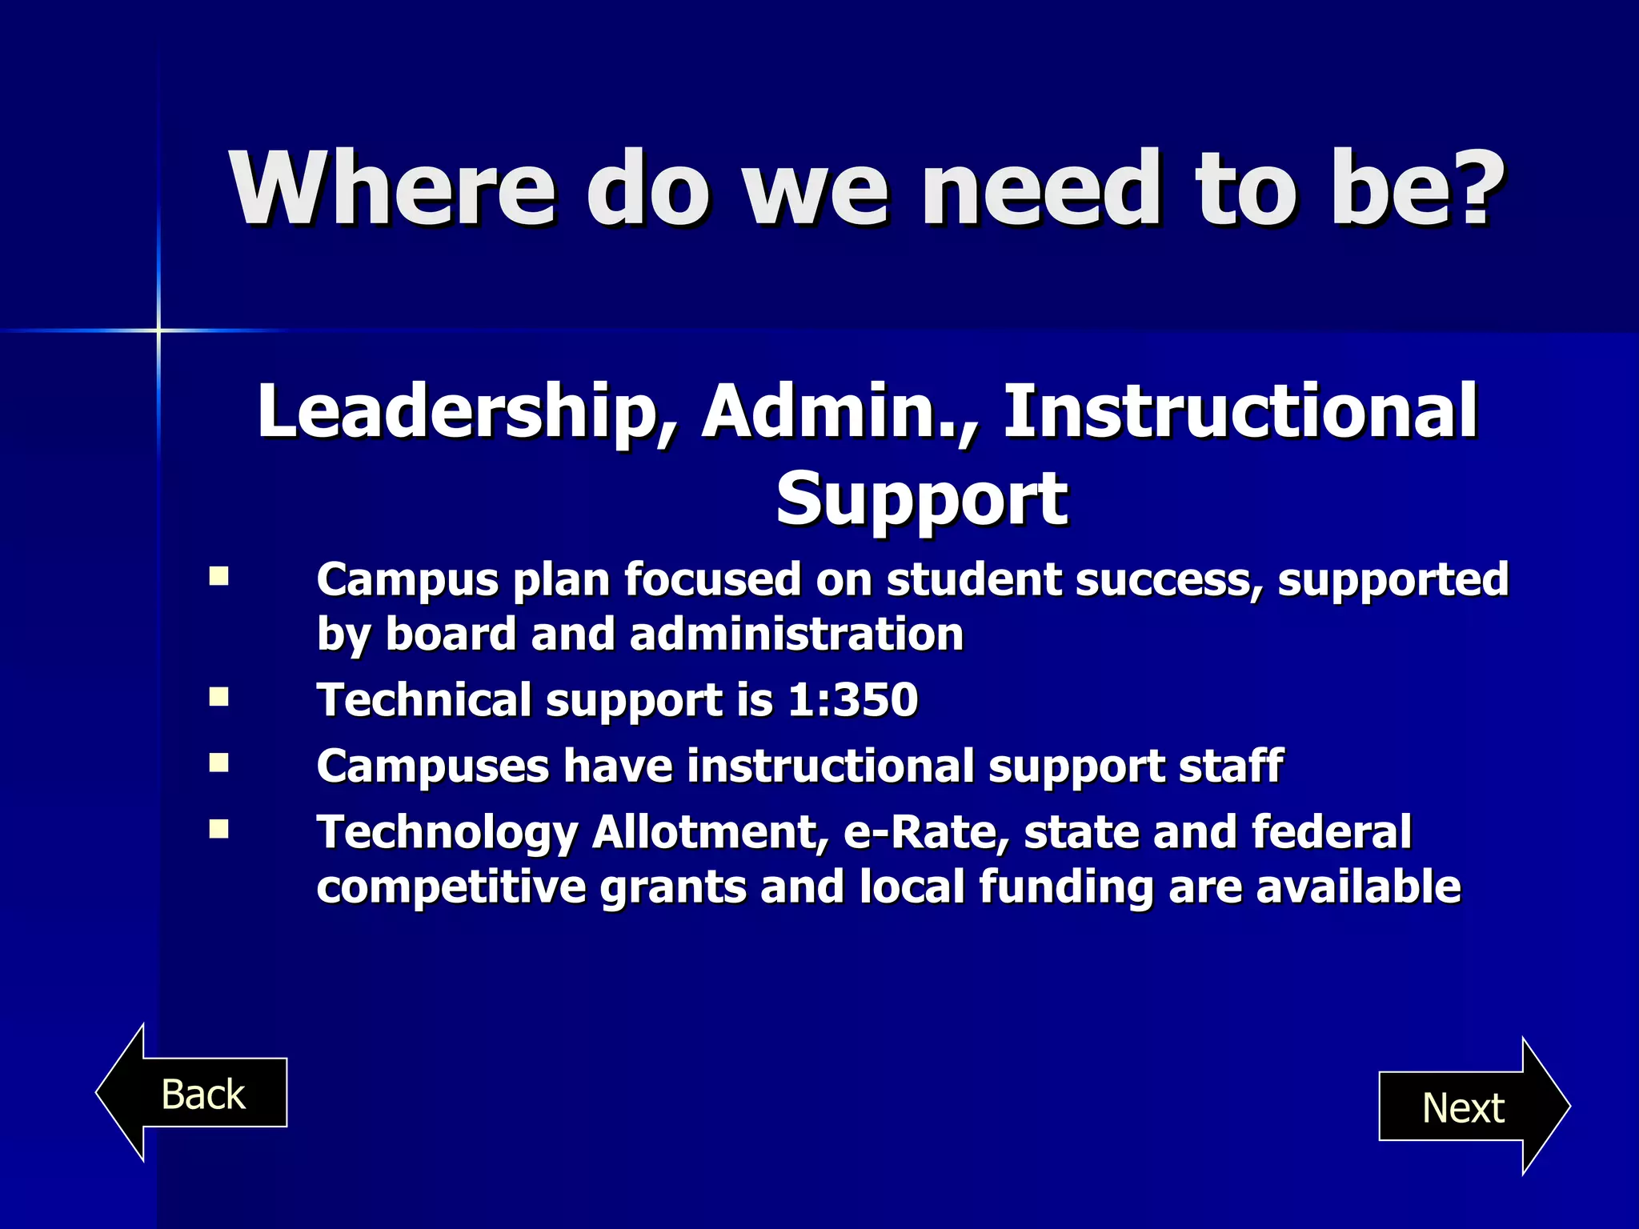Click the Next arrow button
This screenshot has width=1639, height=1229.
click(1465, 1107)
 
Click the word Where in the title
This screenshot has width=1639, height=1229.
click(392, 190)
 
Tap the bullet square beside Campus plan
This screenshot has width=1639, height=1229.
click(218, 577)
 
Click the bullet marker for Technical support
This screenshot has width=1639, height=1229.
click(218, 698)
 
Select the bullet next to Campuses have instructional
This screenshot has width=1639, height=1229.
click(218, 763)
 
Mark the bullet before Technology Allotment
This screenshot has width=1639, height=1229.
click(218, 829)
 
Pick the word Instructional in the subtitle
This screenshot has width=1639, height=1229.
click(1240, 412)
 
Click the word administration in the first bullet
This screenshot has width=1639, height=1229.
click(796, 635)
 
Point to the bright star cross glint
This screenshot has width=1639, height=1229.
click(158, 330)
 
